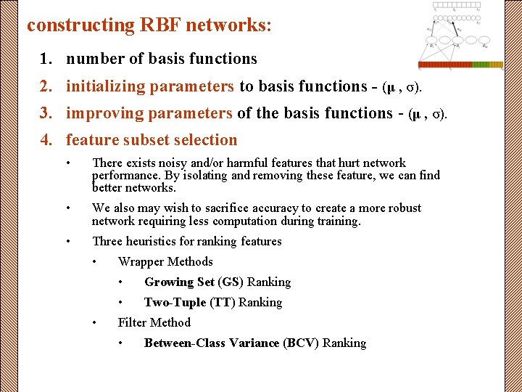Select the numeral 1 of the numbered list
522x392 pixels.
coord(45,59)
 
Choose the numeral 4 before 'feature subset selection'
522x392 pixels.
coord(45,140)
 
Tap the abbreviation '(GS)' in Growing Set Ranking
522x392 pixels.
coord(231,282)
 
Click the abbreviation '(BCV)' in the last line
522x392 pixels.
coord(301,343)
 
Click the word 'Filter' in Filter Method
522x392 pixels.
coord(133,322)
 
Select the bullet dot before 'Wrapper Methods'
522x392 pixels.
coord(95,261)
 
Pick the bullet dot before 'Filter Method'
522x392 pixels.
coord(95,322)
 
